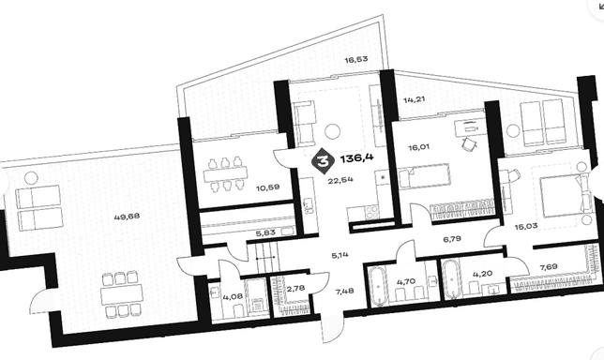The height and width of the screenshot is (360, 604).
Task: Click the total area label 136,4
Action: (357, 157)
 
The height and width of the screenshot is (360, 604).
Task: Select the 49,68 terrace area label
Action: (128, 217)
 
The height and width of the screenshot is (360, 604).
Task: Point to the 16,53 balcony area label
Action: (356, 59)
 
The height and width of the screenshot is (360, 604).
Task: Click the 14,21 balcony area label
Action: (415, 99)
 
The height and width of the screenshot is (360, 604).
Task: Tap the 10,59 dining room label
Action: (268, 187)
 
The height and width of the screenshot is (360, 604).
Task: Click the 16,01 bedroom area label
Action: (419, 146)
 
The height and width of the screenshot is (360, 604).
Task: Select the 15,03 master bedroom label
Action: (526, 226)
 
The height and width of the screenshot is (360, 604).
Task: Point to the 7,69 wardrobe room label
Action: (549, 266)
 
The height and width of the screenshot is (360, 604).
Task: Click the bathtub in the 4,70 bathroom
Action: (378, 285)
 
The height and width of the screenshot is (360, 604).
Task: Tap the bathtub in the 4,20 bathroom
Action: (451, 280)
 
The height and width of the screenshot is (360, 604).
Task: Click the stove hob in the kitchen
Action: (371, 212)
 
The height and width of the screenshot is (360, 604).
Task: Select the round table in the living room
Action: (332, 131)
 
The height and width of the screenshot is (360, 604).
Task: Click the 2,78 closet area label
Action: (294, 289)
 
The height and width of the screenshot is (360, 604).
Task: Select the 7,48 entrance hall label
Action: (344, 291)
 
